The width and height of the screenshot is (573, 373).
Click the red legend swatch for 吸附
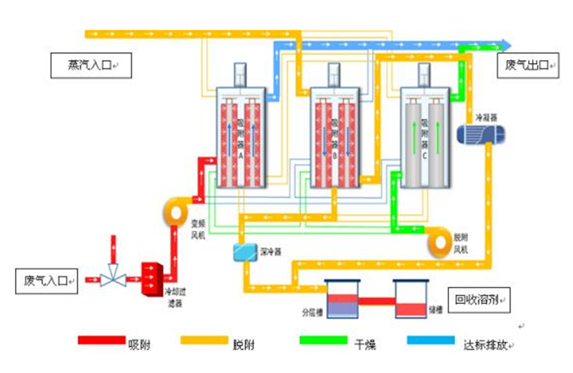point(101,341)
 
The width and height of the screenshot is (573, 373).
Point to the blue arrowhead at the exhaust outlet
point(506,45)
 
